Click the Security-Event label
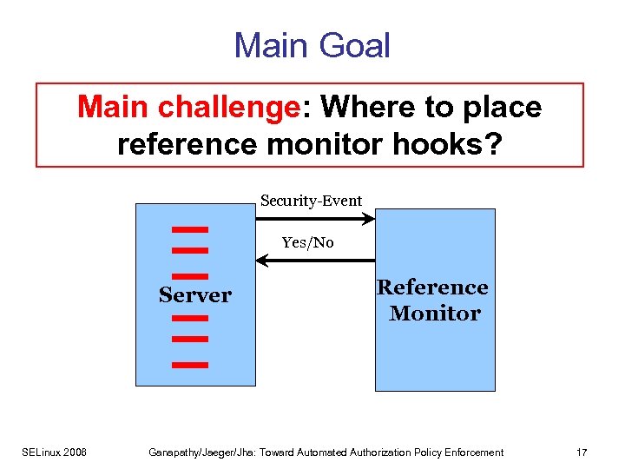(311, 201)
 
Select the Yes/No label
(307, 242)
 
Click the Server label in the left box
(194, 295)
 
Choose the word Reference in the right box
(432, 287)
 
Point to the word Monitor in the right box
(434, 314)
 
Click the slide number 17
(582, 452)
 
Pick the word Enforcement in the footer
(469, 452)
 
